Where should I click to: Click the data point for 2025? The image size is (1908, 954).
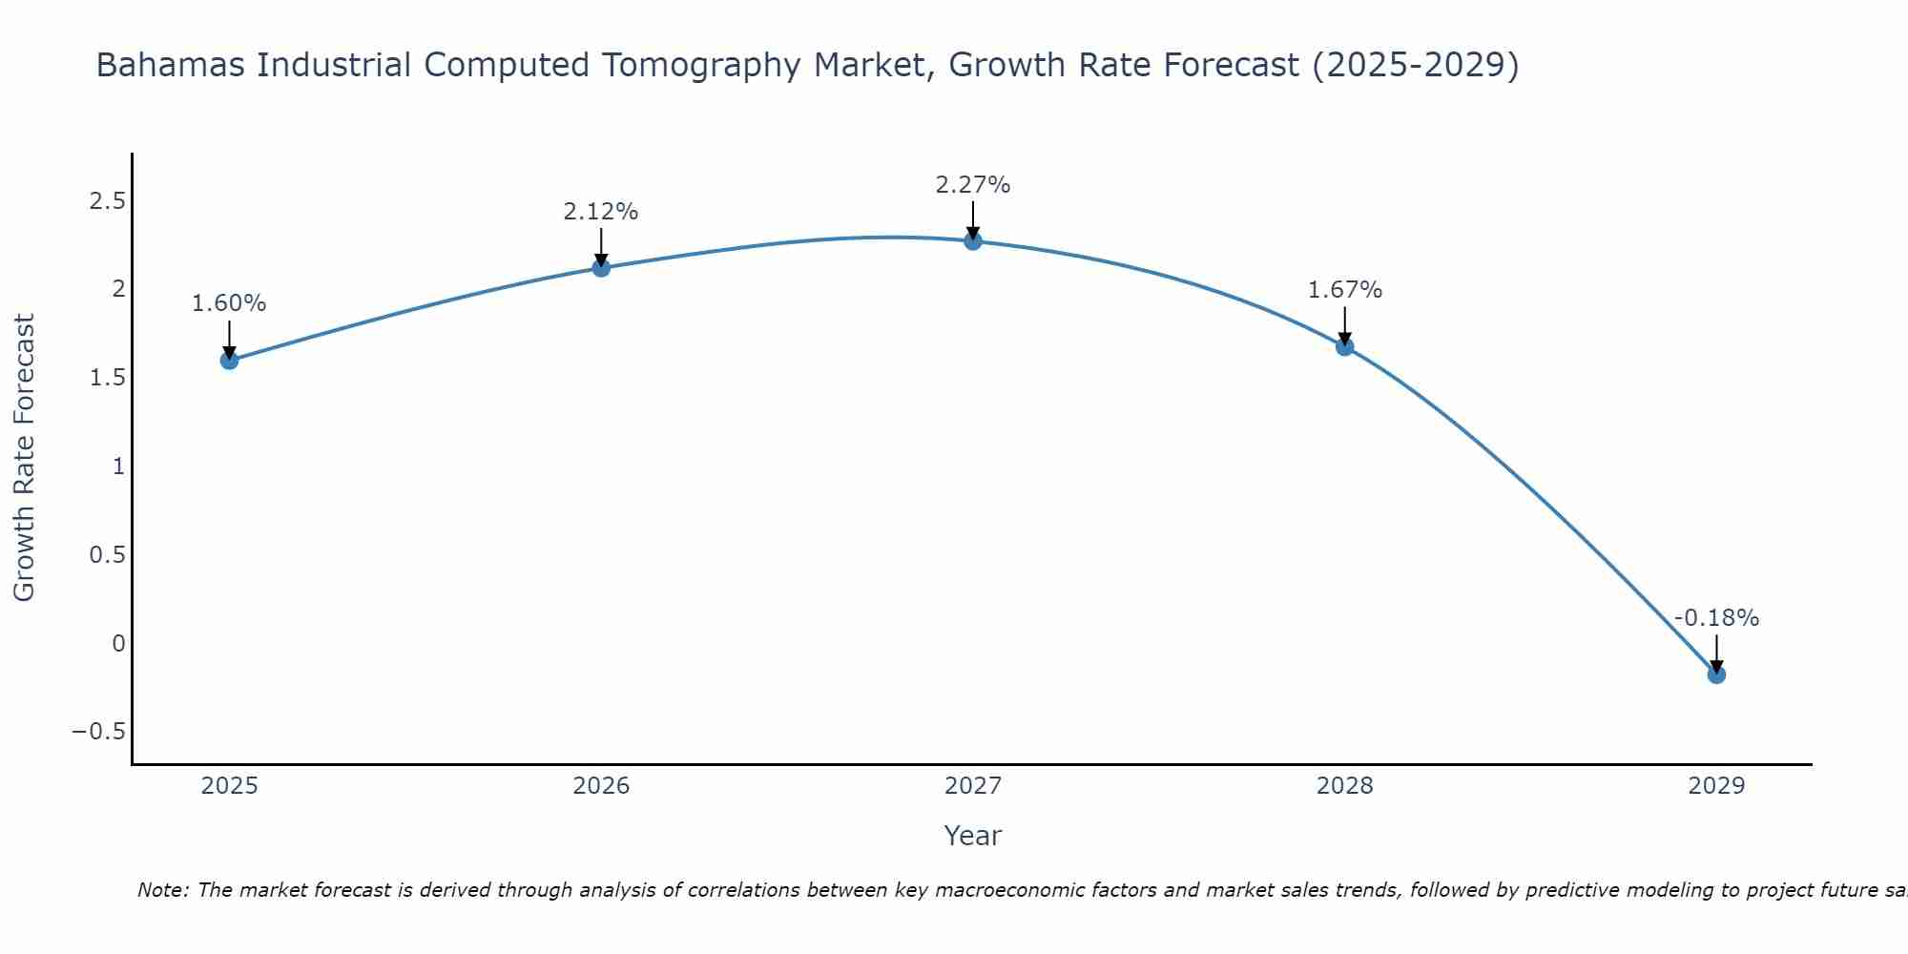pos(229,360)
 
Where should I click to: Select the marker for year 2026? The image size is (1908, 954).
pos(601,268)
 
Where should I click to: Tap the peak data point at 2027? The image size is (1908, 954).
pos(973,241)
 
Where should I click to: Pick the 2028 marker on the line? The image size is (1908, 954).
pos(1344,346)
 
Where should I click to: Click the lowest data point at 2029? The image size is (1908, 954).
pos(1716,674)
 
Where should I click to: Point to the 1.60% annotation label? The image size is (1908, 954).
pos(229,303)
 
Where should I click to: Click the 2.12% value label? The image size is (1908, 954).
pos(600,212)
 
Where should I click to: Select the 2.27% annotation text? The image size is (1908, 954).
pos(972,185)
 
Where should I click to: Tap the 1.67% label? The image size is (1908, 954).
pos(1344,290)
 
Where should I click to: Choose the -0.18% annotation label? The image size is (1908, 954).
pos(1716,618)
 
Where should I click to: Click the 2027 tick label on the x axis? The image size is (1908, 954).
pos(973,786)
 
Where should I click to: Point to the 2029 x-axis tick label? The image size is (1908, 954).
pos(1716,786)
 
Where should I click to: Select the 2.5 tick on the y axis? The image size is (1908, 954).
pos(107,201)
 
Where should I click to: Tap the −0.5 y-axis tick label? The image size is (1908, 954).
pos(98,732)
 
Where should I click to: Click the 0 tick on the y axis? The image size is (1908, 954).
pos(118,643)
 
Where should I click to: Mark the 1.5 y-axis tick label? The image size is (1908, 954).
pos(107,378)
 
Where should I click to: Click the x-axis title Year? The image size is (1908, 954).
pos(972,836)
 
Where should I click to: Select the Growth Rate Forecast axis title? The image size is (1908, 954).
pos(25,458)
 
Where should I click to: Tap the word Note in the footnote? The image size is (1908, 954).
pos(162,890)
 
